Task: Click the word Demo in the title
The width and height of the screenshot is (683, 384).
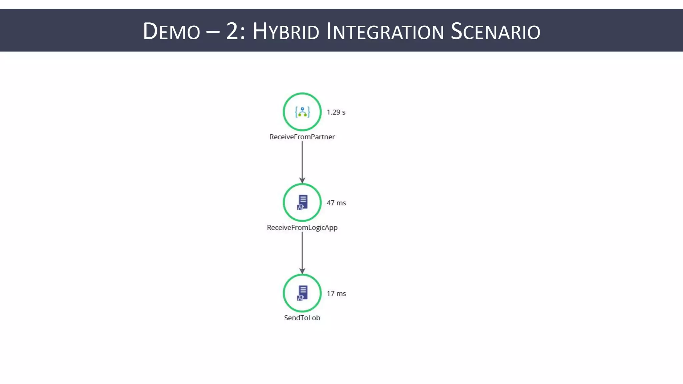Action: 171,31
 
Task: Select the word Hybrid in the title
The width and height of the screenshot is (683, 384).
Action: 286,31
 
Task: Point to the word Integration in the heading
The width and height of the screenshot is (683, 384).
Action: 385,31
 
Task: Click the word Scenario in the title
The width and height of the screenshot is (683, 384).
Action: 495,31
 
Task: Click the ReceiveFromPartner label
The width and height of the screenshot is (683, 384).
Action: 302,137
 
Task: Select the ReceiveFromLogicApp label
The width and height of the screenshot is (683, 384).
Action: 302,227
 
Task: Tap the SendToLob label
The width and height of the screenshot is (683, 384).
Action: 302,318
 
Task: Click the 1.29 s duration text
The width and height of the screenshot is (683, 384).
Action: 336,112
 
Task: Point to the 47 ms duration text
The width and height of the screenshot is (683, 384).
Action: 336,203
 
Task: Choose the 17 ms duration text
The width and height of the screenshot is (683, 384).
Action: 336,294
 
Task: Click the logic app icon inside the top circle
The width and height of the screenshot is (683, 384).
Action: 302,112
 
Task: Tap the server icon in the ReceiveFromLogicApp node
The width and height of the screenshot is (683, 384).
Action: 302,202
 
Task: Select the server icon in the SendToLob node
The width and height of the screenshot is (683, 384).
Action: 302,293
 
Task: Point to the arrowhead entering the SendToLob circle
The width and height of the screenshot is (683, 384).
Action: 302,271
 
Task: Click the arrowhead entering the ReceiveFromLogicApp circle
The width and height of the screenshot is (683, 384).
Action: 302,180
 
